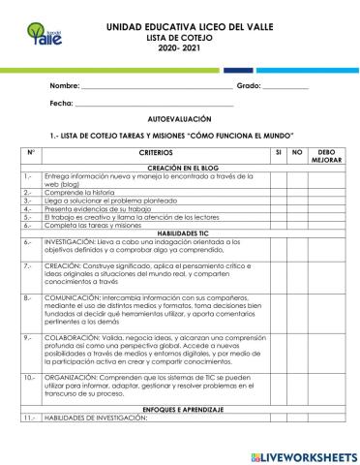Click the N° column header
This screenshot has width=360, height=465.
(31, 152)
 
